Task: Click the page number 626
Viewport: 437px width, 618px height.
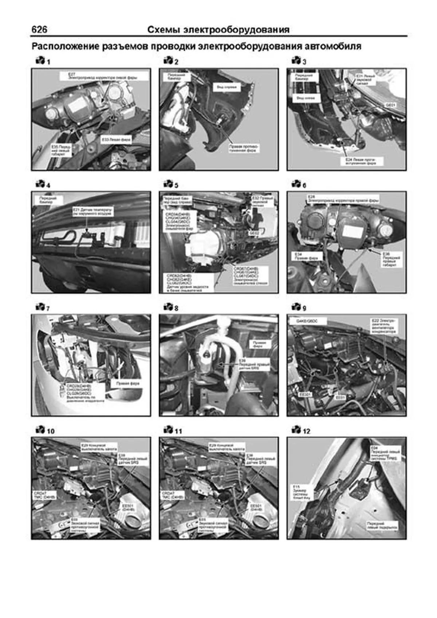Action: (x=39, y=29)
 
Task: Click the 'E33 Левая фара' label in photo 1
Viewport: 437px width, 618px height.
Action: (x=116, y=139)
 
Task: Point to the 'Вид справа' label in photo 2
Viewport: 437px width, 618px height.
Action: (x=227, y=87)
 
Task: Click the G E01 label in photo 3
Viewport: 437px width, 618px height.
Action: (x=390, y=105)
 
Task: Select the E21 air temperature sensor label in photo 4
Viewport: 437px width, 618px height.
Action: (x=93, y=212)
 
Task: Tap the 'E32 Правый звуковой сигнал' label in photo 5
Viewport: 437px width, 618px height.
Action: (x=263, y=201)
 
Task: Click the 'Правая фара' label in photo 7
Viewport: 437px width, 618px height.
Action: (x=127, y=383)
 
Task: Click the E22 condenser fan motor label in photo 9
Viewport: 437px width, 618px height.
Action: (x=384, y=326)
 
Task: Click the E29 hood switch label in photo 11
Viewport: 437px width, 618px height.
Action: (x=227, y=447)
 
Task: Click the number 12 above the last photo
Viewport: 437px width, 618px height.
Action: (x=307, y=431)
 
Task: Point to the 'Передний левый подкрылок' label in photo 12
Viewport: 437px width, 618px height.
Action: (x=382, y=525)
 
